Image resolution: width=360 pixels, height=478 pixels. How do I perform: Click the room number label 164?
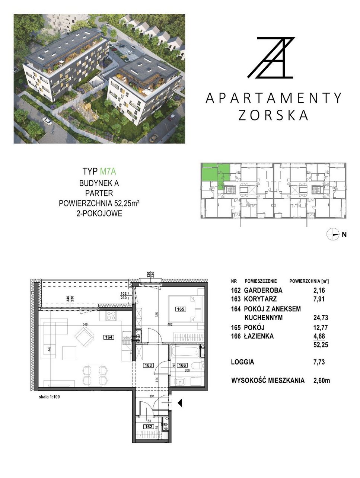click(109, 337)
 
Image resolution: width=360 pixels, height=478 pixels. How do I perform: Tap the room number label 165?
click(181, 309)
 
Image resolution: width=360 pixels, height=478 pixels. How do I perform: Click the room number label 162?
click(149, 427)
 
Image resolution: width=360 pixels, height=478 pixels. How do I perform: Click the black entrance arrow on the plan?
click(180, 403)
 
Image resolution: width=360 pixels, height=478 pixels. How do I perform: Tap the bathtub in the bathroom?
click(185, 351)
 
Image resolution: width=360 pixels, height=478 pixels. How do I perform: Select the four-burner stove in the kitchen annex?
click(111, 316)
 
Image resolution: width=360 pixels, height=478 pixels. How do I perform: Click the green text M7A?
click(108, 171)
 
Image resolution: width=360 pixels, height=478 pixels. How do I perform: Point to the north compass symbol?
click(333, 234)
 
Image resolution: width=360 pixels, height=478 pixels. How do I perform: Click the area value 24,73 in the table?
click(321, 318)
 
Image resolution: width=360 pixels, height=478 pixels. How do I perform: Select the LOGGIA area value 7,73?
click(319, 362)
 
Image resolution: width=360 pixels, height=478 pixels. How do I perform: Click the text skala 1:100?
click(49, 397)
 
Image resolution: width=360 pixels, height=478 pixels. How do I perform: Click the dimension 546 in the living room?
click(85, 324)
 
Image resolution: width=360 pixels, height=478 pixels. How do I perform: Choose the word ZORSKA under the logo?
click(273, 115)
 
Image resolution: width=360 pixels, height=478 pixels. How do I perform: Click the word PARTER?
click(99, 193)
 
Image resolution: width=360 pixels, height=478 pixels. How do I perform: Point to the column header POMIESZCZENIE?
click(261, 281)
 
